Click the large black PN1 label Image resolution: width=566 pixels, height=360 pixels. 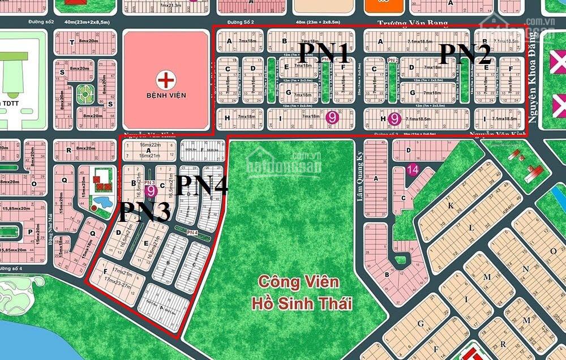pyautogui.click(x=323, y=53)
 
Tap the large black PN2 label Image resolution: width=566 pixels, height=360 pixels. pyautogui.click(x=465, y=54)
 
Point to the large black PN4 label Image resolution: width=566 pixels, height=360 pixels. pyautogui.click(x=202, y=186)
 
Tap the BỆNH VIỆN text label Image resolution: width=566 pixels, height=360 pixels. pyautogui.click(x=166, y=96)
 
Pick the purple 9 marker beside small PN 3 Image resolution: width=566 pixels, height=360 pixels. pyautogui.click(x=151, y=191)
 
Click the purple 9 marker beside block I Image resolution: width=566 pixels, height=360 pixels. pyautogui.click(x=333, y=117)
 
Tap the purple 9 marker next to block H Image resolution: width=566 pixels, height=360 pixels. pyautogui.click(x=395, y=119)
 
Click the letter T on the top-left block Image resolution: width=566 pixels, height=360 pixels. pyautogui.click(x=71, y=42)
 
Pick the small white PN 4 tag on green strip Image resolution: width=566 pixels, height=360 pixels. pyautogui.click(x=191, y=232)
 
